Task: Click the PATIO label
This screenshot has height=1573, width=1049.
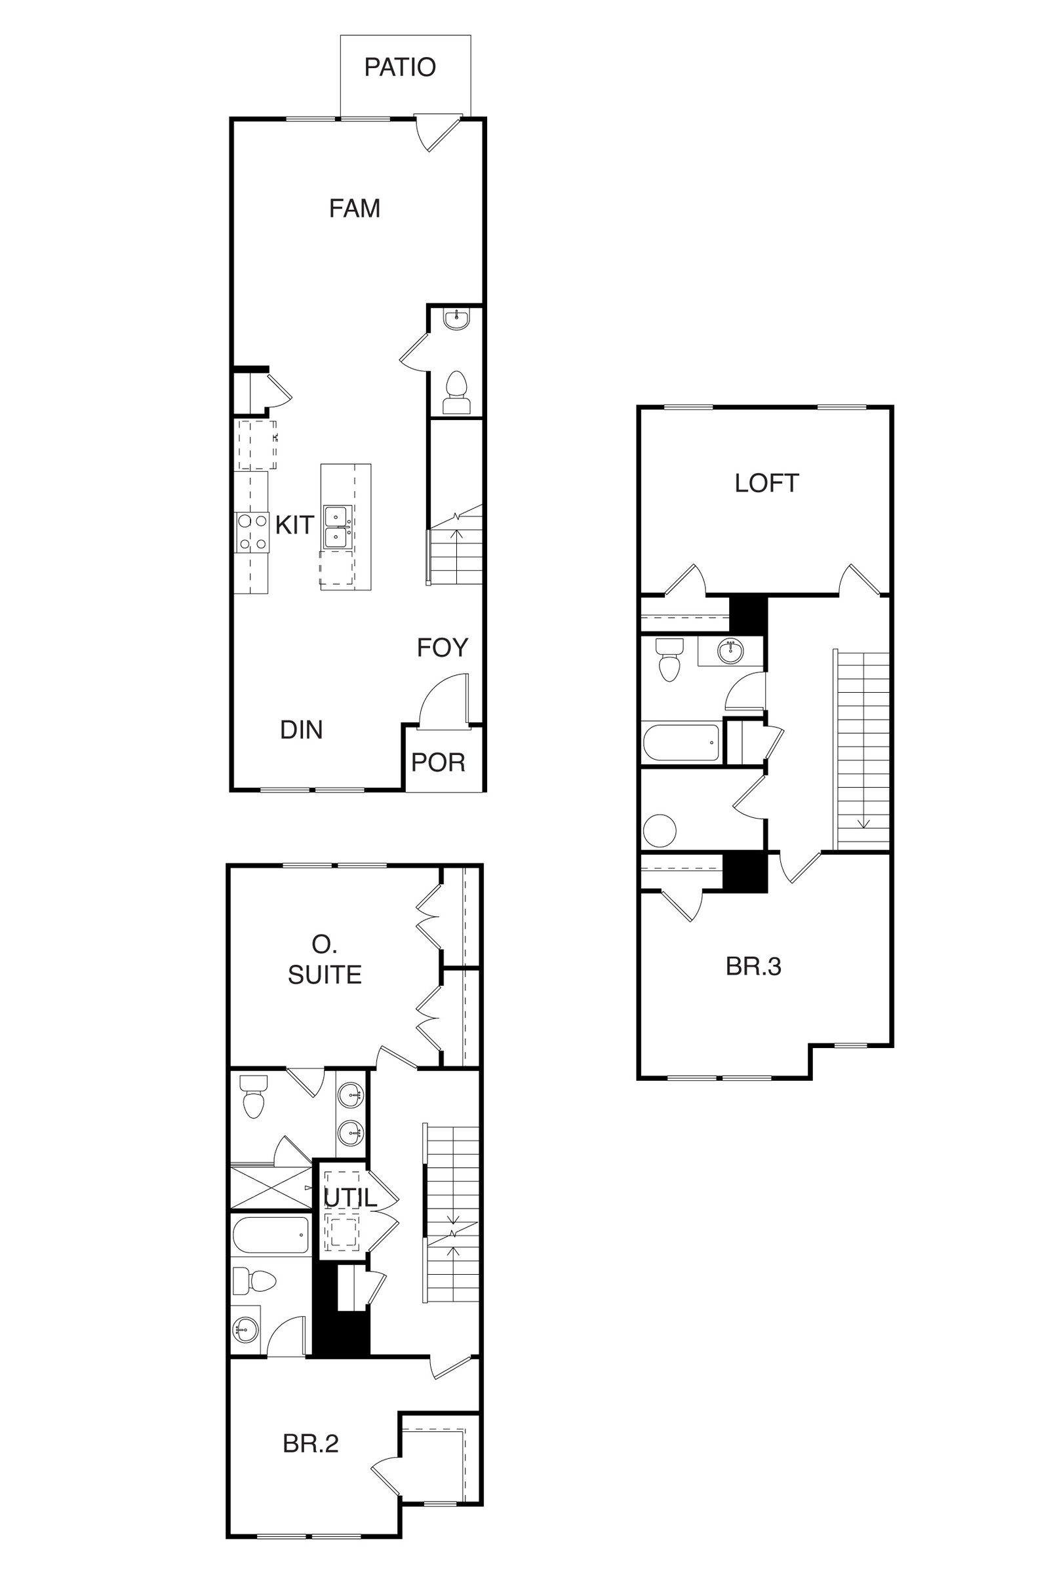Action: point(400,67)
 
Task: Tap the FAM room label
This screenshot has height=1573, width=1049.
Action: point(355,208)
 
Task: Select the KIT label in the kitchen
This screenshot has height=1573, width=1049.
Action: point(294,525)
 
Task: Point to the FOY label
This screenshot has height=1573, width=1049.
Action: point(442,648)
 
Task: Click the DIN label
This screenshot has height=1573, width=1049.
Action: point(301,729)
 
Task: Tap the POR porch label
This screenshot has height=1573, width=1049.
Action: point(438,762)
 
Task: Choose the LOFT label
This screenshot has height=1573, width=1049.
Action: point(766,483)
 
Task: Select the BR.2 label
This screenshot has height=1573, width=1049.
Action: point(310,1444)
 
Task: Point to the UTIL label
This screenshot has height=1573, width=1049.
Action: point(351,1197)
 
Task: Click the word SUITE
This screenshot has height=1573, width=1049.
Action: point(325,975)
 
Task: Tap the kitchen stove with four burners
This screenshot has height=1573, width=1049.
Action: point(252,532)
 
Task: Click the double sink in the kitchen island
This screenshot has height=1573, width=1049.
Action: point(336,527)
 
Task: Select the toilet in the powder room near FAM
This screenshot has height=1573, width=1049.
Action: point(457,393)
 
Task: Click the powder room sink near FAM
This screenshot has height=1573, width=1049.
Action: point(457,319)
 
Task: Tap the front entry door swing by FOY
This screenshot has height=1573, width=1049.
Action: point(444,700)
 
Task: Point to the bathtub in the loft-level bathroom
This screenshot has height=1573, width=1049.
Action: point(681,743)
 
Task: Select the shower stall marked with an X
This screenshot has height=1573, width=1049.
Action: point(271,1187)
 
